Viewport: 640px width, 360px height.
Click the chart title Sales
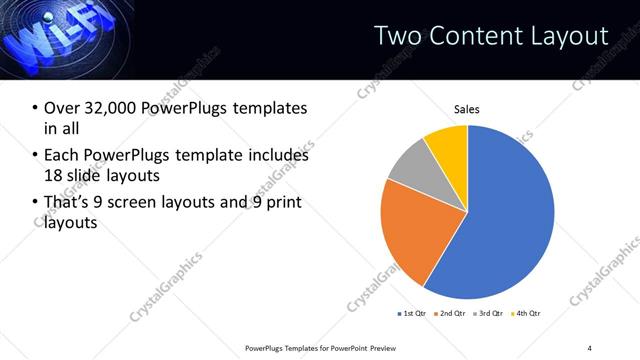click(x=467, y=108)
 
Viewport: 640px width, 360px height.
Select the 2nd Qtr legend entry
click(x=449, y=314)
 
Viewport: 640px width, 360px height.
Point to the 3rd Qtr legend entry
click(x=487, y=314)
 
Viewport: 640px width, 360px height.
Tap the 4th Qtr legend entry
click(x=524, y=314)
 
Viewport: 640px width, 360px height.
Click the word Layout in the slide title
click(x=570, y=36)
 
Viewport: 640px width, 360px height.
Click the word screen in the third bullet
click(x=147, y=203)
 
